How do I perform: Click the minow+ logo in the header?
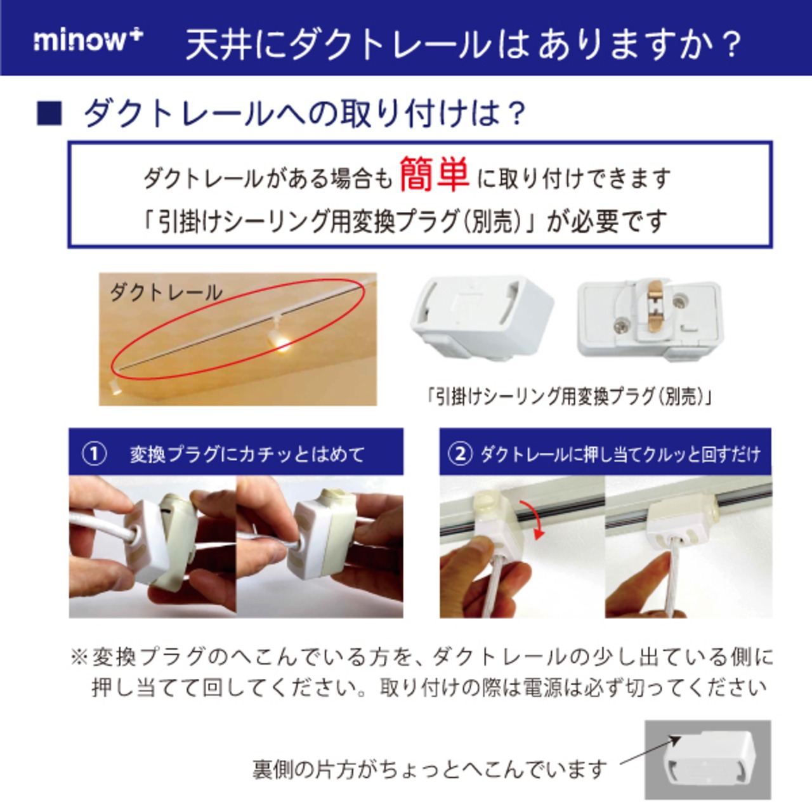[88, 41]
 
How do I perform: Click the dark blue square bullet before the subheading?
[49, 114]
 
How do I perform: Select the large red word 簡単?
[435, 174]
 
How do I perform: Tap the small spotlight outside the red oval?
[115, 386]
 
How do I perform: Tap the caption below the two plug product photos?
[570, 396]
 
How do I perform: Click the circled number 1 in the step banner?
[94, 455]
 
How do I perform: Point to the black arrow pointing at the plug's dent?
[651, 749]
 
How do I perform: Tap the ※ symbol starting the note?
[80, 657]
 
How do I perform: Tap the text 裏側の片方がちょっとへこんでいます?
[430, 769]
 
